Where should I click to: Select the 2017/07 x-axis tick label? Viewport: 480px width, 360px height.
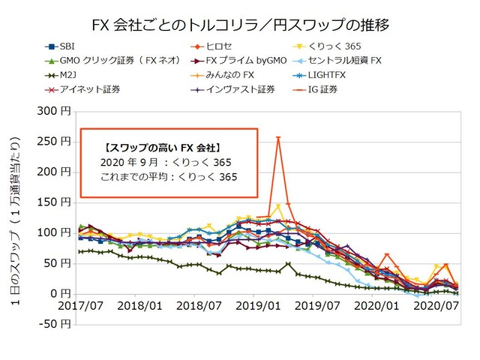tap(80, 307)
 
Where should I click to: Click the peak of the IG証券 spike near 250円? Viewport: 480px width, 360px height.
tap(278, 137)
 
